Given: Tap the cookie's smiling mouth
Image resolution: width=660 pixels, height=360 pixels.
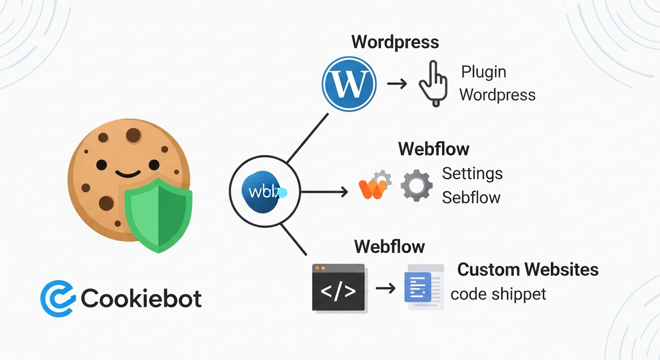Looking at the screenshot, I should pos(127,174).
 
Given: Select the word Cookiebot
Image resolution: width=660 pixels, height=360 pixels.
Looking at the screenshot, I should pos(141,299).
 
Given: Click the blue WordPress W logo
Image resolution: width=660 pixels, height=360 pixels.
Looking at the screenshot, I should pos(349,84).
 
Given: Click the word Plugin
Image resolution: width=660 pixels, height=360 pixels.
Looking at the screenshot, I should pos(483,72).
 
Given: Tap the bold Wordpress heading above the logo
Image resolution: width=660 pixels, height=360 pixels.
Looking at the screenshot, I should pos(395,42).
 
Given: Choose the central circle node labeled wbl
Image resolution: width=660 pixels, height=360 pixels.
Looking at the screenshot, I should pos(264,191).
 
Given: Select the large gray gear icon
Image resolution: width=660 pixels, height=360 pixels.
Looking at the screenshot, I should pos(416,186).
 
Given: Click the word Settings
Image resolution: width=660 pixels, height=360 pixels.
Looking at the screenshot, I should pos(472,173).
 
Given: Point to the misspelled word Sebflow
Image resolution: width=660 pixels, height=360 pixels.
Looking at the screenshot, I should pos(471,197).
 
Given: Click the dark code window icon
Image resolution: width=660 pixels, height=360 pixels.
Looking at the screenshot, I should pos(338,287).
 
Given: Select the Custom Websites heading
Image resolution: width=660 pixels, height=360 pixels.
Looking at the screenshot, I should pos(528,270).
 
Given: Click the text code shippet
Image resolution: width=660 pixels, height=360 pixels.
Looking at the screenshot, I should pos(498,294).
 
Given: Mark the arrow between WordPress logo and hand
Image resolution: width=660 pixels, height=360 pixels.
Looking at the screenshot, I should pos(397,84).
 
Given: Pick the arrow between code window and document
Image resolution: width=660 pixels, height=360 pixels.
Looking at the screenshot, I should pos(385,288).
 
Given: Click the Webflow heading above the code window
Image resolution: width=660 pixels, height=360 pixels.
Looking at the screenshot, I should pos(389,246).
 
